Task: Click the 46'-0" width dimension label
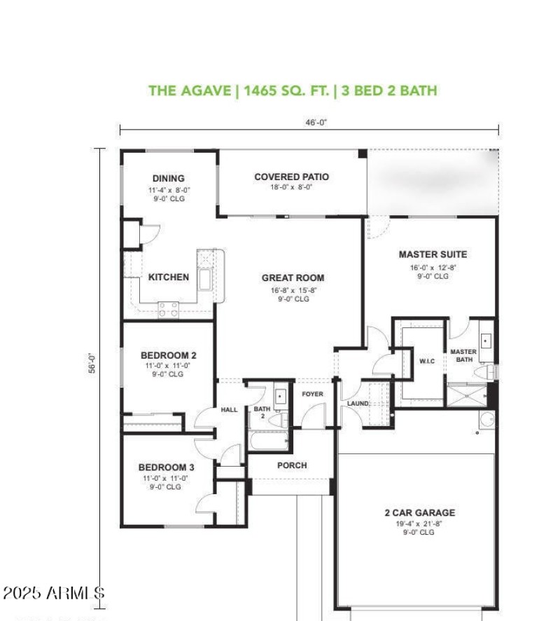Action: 316,121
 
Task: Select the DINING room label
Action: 168,178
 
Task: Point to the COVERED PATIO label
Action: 291,177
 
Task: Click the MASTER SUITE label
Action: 433,254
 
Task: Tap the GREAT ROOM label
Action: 293,278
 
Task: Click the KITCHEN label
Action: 168,277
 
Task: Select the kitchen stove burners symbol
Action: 168,309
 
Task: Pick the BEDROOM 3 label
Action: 166,467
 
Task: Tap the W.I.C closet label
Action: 428,362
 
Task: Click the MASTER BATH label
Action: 463,355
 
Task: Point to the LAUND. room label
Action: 358,404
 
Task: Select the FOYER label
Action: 312,394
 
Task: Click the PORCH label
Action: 292,465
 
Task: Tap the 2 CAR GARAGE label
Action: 419,512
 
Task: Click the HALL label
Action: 230,409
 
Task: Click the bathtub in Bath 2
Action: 268,443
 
